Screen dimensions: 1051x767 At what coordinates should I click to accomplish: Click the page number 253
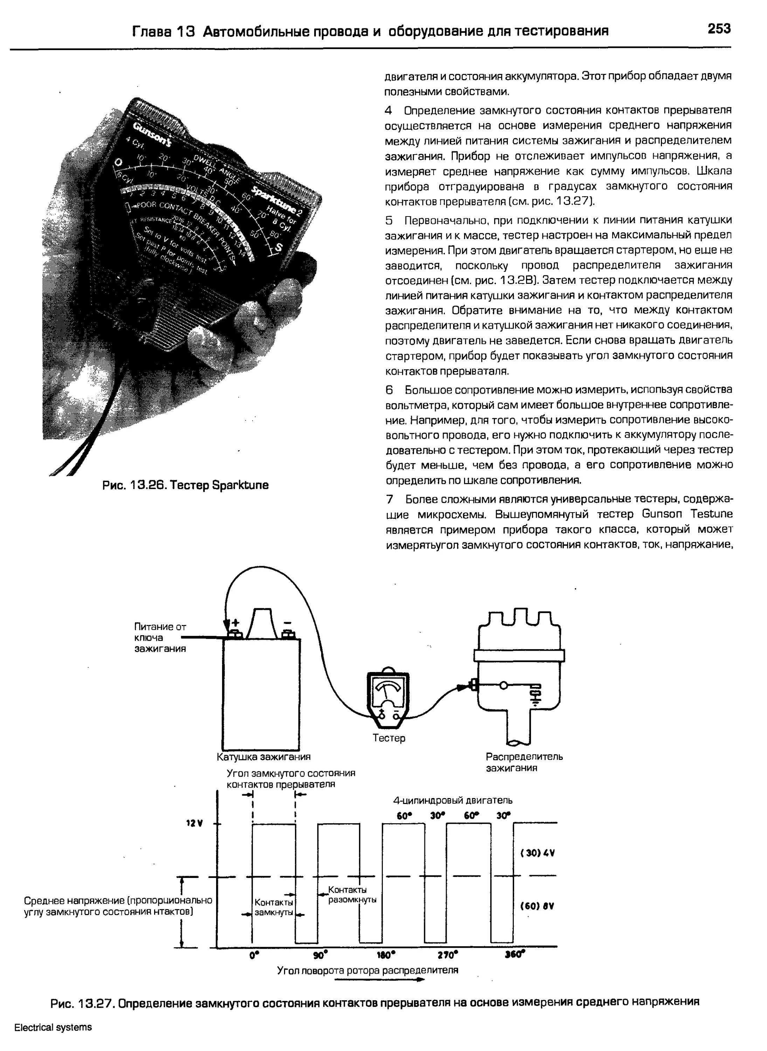718,29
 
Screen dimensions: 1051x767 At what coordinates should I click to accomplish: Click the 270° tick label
447,955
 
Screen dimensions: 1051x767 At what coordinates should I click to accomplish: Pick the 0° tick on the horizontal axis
254,955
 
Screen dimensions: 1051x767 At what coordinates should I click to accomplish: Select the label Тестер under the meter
389,738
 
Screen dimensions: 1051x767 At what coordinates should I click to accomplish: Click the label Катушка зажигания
263,757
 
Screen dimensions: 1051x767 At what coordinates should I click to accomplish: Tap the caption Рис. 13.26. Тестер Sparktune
185,485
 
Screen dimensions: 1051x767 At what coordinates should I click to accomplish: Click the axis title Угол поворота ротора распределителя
367,970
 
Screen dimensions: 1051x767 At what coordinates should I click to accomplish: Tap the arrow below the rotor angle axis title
379,980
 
